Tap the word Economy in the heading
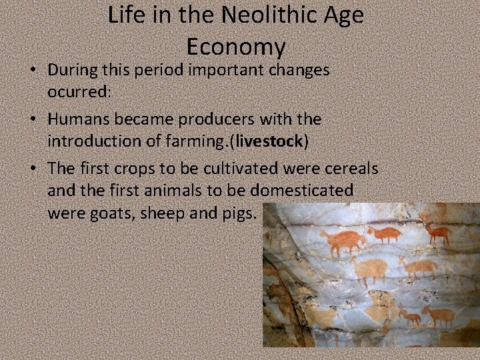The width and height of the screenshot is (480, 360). point(236,47)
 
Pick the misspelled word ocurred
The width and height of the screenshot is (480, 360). point(77,92)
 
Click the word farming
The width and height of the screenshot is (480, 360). point(197,142)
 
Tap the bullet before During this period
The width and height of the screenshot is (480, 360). point(33,70)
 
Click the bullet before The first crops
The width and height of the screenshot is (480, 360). point(33,169)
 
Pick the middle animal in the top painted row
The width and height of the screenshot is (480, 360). point(385,233)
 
